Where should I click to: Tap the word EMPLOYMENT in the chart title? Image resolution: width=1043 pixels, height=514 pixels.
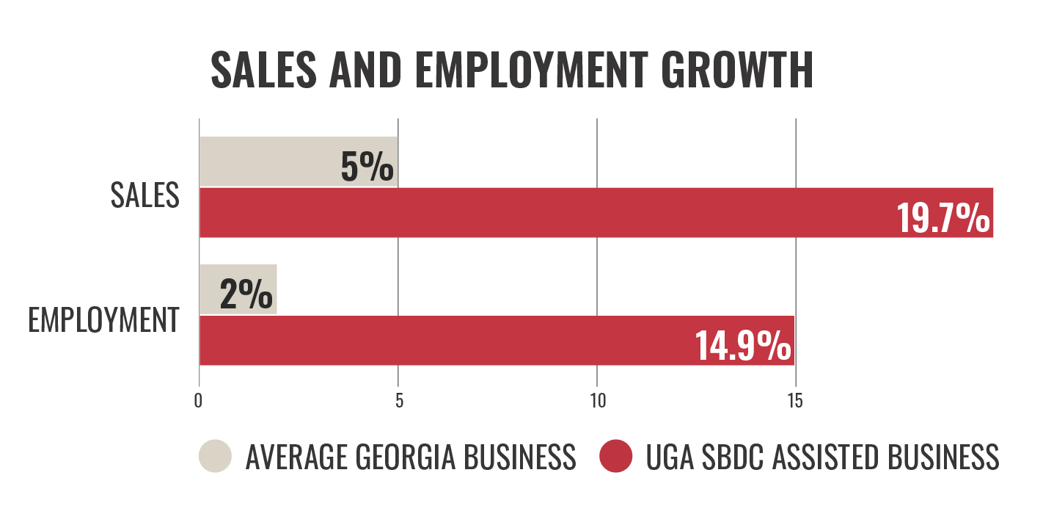(x=527, y=70)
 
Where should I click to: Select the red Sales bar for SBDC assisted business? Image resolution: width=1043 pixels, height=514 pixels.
(x=543, y=212)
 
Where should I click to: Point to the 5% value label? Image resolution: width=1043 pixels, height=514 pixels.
(x=367, y=167)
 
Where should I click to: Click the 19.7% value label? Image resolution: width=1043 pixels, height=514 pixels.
(x=943, y=218)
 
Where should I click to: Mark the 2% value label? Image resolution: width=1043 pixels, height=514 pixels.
(x=246, y=296)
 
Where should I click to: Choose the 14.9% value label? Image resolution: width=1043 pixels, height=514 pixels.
(x=743, y=347)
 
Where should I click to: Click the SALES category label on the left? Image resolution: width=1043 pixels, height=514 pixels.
(x=145, y=195)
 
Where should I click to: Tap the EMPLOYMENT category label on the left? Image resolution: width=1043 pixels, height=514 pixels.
(x=103, y=321)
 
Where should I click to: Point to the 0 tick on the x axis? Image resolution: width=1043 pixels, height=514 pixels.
(x=199, y=401)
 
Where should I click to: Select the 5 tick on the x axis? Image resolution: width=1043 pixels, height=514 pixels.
(x=399, y=401)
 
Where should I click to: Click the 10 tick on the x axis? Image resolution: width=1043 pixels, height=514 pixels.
(x=597, y=401)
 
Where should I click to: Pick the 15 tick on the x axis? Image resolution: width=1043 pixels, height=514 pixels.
(x=795, y=401)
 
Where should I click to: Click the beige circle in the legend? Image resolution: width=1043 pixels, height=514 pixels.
(x=215, y=456)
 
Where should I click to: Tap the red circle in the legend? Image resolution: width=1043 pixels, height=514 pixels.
(x=616, y=456)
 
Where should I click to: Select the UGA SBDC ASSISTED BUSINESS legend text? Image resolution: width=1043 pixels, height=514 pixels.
(x=822, y=457)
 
